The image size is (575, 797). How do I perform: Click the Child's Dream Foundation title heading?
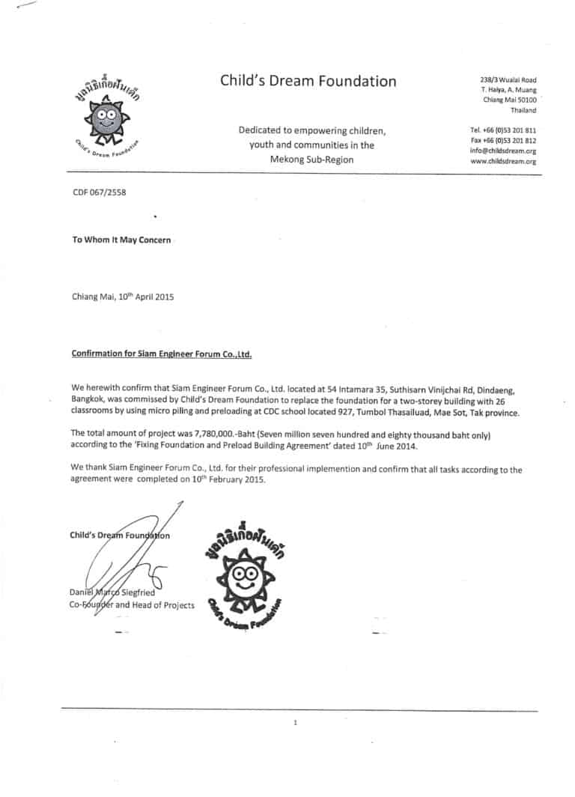[308, 81]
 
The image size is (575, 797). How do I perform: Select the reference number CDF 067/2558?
[99, 193]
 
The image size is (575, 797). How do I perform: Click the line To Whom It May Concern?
[121, 240]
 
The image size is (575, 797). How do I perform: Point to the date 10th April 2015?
[143, 297]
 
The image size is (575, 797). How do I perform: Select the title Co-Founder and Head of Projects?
[132, 605]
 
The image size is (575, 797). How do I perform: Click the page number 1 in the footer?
[296, 723]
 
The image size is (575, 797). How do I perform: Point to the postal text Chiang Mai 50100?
[509, 100]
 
